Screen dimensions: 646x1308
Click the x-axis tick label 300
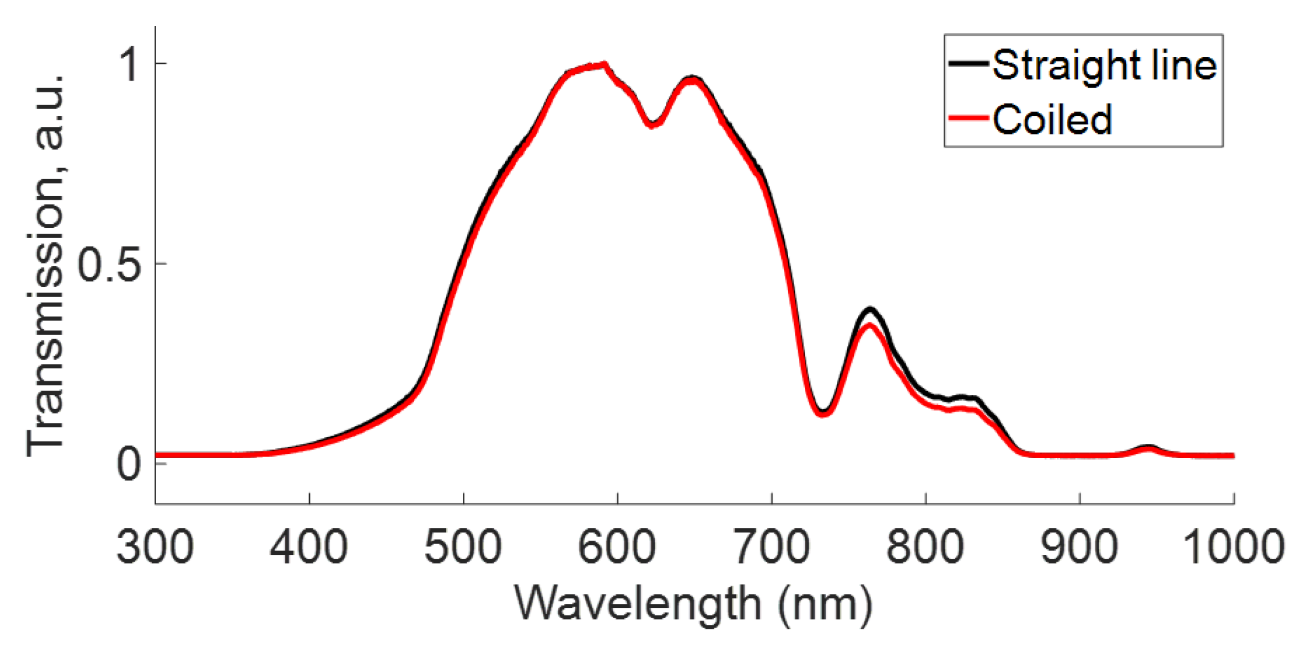point(155,547)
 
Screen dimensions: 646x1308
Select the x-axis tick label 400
point(309,547)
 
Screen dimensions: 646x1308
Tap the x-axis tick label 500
point(463,547)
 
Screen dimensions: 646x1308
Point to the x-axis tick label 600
point(617,547)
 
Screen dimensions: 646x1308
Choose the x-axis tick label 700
point(771,547)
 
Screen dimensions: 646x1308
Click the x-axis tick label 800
point(925,547)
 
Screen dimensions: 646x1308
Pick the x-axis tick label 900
point(1079,547)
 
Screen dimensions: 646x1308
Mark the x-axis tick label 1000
point(1233,547)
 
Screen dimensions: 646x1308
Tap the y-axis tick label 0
point(128,464)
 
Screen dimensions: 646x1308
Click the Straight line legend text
point(1104,65)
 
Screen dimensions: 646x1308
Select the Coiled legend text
point(1052,119)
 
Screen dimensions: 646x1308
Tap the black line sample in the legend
point(968,63)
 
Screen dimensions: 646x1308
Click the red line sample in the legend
point(968,117)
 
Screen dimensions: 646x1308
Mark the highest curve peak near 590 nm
point(604,64)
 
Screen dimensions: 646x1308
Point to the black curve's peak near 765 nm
point(871,309)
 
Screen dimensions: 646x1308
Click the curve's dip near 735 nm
point(822,412)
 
